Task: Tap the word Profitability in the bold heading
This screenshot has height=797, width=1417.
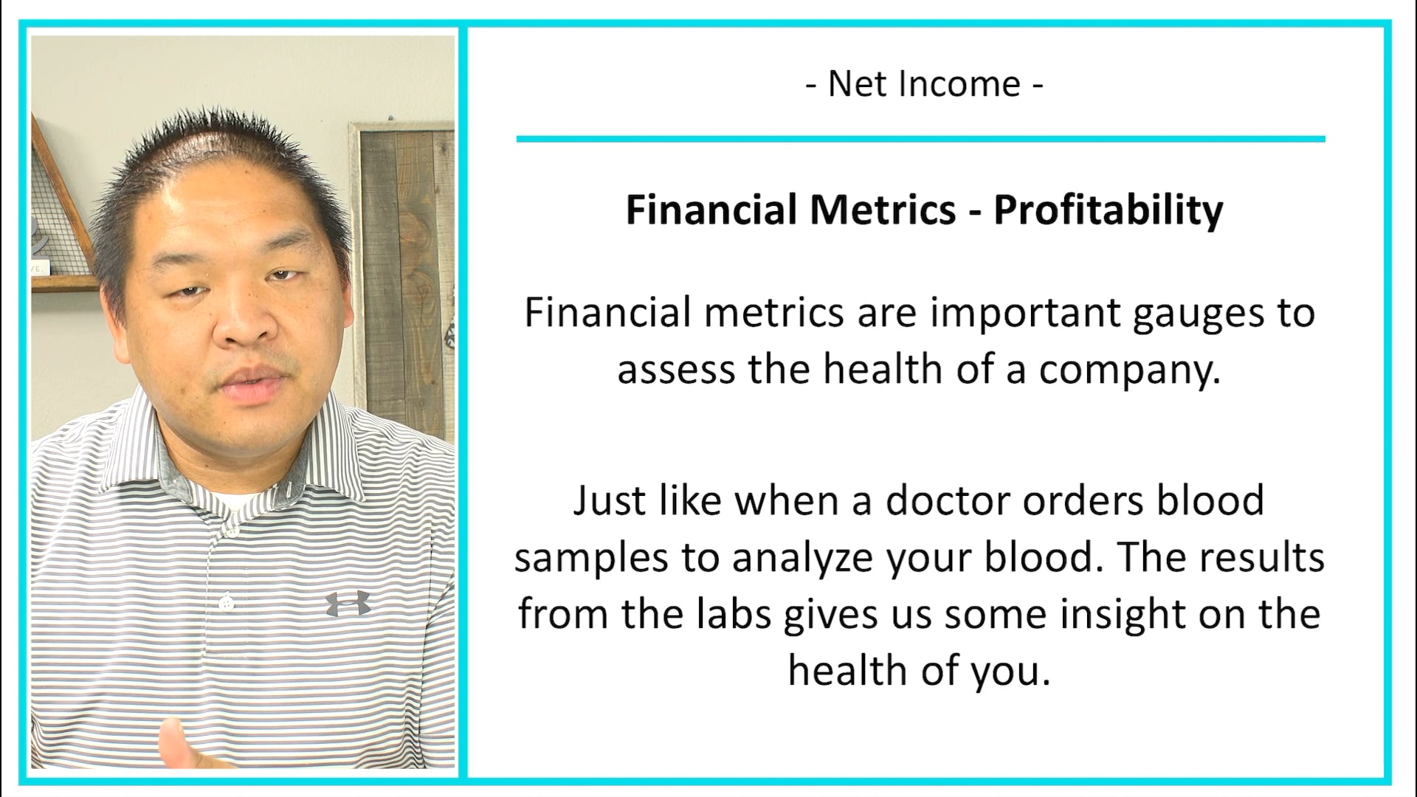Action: pos(1108,211)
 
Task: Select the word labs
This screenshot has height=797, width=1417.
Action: pos(734,614)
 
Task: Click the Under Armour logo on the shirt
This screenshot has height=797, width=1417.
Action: pos(348,604)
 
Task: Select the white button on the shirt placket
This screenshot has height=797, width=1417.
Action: pos(227,604)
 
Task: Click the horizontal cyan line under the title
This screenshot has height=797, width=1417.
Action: pos(920,139)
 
